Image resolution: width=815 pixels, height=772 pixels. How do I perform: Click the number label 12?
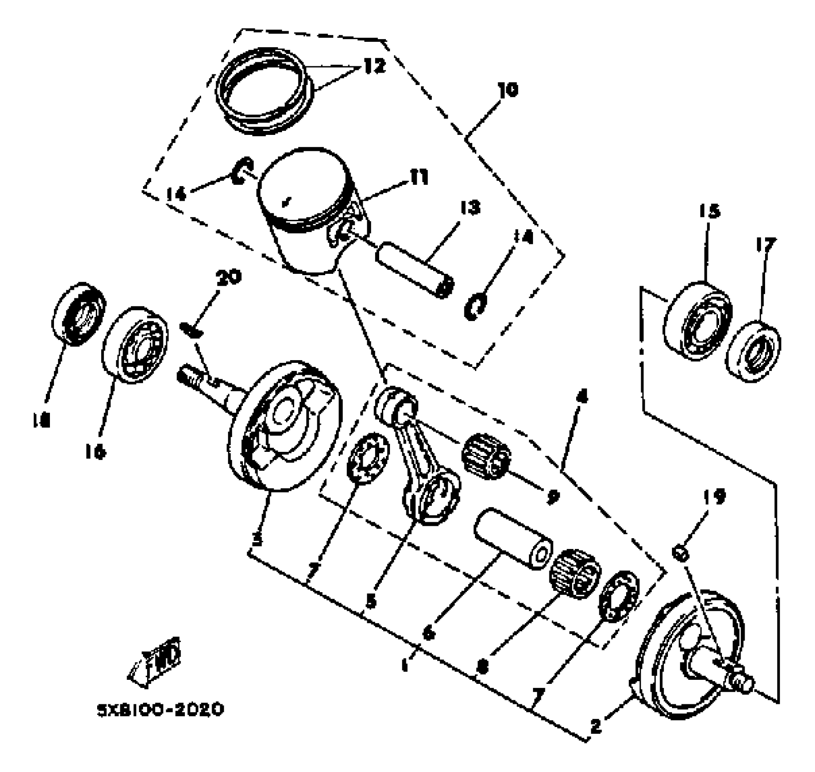coord(374,66)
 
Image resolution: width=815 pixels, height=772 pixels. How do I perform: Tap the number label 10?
coord(507,89)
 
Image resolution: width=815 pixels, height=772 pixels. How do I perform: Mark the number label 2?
coord(596,726)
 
